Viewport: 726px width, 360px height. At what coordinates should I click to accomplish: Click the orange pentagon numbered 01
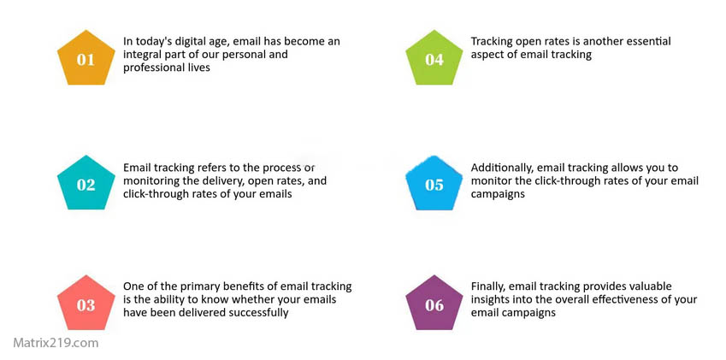[x=86, y=58]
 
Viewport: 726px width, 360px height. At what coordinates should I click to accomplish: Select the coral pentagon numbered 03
[x=86, y=304]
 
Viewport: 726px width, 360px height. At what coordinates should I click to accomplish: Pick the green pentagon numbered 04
[x=434, y=58]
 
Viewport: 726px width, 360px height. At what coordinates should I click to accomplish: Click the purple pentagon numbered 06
[x=434, y=304]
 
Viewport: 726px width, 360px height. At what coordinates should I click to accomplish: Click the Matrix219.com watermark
[x=56, y=343]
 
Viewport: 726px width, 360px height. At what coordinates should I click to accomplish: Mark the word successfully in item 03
[x=251, y=313]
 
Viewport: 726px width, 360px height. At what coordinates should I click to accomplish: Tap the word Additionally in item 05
[x=503, y=168]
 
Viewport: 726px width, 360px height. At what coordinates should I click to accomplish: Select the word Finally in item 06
[x=488, y=286]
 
